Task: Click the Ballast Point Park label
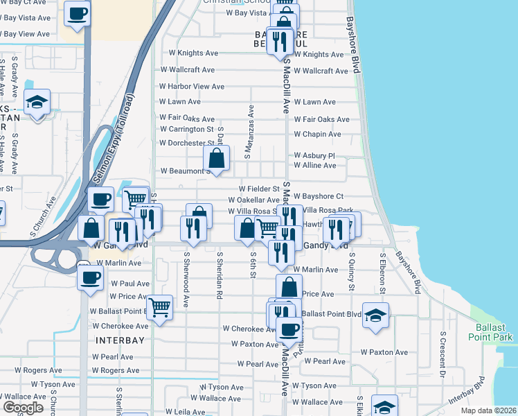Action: pyautogui.click(x=494, y=332)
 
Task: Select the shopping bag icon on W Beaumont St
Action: pyautogui.click(x=217, y=158)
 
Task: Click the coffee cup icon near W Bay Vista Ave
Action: pyautogui.click(x=77, y=13)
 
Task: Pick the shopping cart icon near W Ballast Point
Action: pyautogui.click(x=159, y=306)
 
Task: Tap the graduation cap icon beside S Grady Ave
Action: pyautogui.click(x=37, y=103)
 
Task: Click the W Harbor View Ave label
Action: pyautogui.click(x=192, y=87)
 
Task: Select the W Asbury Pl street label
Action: pyautogui.click(x=314, y=156)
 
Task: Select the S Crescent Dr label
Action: pyautogui.click(x=442, y=354)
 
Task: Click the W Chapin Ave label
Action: pyautogui.click(x=317, y=135)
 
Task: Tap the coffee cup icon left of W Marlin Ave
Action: pyautogui.click(x=90, y=279)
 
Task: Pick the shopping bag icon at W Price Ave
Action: pyautogui.click(x=289, y=286)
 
